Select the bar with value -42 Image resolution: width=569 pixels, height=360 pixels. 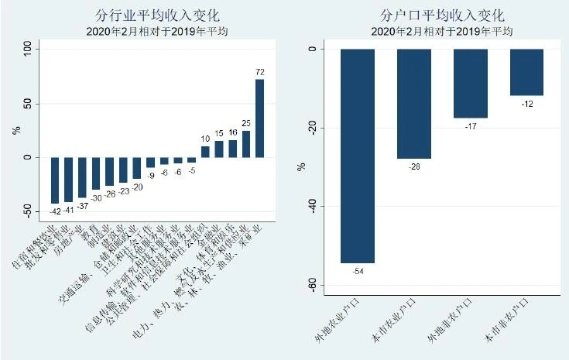point(55,180)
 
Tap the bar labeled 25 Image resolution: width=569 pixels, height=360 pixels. point(246,144)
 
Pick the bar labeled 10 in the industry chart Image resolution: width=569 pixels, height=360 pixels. point(205,152)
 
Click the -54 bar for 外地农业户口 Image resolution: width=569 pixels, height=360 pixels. point(358,155)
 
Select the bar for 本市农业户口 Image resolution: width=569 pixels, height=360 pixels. point(413,104)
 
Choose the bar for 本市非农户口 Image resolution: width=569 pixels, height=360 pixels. point(526,72)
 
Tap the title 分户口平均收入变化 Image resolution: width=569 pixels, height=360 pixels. point(442,15)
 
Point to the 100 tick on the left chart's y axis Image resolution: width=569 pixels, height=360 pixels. point(28,48)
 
